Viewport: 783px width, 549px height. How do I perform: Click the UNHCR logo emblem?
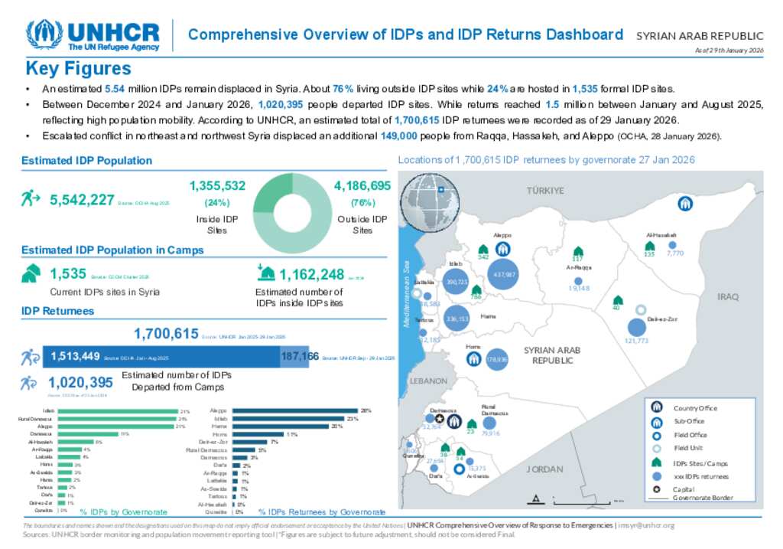click(44, 34)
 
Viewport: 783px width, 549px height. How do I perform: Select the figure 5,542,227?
click(82, 200)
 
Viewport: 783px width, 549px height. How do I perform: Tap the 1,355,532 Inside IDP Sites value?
click(217, 185)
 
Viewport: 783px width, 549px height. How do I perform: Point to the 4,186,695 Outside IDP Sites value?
click(362, 185)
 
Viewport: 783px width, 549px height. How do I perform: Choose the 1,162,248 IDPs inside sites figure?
click(312, 275)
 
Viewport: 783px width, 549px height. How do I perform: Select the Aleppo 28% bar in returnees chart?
click(295, 411)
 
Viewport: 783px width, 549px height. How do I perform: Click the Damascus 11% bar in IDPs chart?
click(88, 434)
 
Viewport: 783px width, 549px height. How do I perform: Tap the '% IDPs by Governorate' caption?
click(123, 511)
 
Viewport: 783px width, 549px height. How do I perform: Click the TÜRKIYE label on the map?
click(544, 191)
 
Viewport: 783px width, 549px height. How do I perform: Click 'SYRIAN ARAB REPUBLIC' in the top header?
click(700, 36)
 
